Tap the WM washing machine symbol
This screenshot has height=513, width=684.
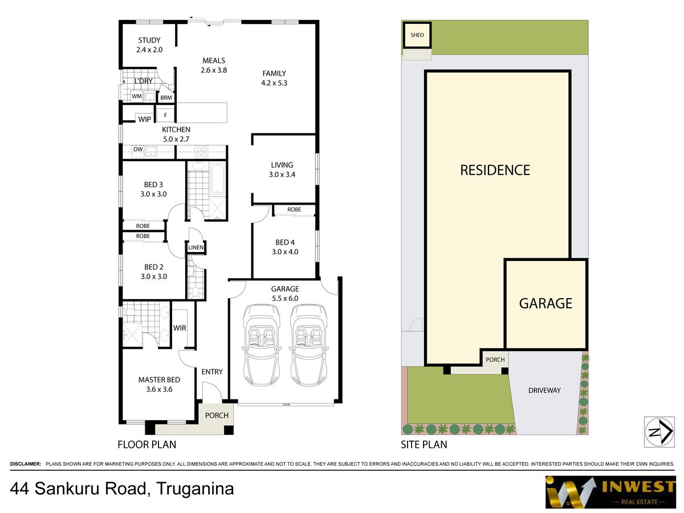pyautogui.click(x=137, y=96)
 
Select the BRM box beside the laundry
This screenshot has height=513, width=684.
pyautogui.click(x=166, y=98)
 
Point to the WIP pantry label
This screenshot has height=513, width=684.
pyautogui.click(x=145, y=119)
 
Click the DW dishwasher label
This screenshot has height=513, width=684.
pyautogui.click(x=137, y=150)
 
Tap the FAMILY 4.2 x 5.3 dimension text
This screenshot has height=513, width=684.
pyautogui.click(x=274, y=82)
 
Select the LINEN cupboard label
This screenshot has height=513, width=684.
pyautogui.click(x=197, y=247)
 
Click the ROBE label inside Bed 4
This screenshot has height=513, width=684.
pyautogui.click(x=294, y=210)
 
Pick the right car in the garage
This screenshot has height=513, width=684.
pyautogui.click(x=309, y=344)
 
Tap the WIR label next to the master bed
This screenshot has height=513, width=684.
pyautogui.click(x=180, y=328)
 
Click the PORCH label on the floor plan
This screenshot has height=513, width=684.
pyautogui.click(x=217, y=415)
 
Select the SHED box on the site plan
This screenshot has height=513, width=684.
pyautogui.click(x=417, y=35)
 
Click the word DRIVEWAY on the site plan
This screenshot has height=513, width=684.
pyautogui.click(x=544, y=390)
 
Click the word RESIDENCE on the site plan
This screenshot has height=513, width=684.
pyautogui.click(x=495, y=170)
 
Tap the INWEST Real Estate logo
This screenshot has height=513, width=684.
pyautogui.click(x=610, y=491)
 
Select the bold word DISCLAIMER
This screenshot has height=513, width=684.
pyautogui.click(x=26, y=465)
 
